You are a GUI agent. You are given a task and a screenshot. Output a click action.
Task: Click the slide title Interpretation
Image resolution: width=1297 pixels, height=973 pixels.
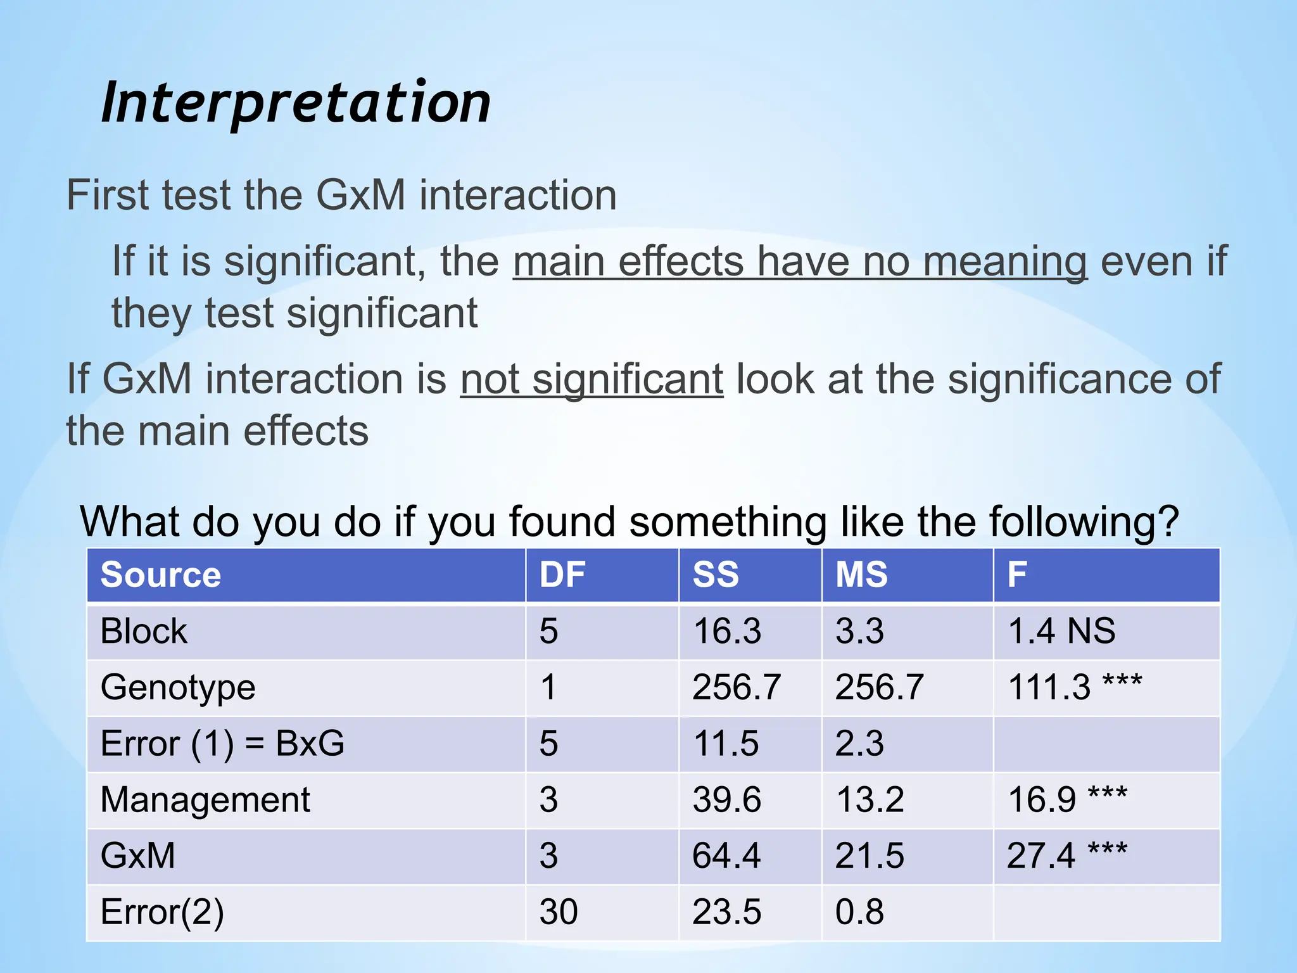tap(296, 103)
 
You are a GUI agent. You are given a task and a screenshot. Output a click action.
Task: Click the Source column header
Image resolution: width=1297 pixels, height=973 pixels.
tap(161, 575)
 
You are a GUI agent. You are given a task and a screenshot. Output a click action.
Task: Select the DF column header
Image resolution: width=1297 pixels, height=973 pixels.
tap(562, 575)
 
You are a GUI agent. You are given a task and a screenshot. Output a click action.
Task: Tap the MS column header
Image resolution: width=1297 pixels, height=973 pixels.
tap(861, 575)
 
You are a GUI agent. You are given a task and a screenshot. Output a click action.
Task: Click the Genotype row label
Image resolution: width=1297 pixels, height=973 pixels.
tap(178, 687)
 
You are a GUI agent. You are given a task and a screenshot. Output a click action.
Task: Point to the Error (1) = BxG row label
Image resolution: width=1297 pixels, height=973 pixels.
tap(222, 743)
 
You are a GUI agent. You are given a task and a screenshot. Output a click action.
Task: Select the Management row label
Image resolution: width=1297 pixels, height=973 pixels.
tap(205, 799)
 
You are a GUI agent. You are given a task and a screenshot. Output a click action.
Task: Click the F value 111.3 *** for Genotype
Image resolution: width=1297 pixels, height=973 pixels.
tap(1075, 687)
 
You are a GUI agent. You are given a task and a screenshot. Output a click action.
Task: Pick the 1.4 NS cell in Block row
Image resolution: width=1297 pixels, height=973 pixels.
tap(1061, 632)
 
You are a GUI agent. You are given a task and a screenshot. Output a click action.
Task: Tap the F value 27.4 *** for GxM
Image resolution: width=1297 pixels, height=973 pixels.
tap(1067, 855)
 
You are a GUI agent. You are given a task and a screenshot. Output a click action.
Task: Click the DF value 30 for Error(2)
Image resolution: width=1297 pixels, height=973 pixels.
tap(559, 912)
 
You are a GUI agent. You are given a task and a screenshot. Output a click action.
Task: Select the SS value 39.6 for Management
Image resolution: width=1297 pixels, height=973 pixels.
tap(726, 799)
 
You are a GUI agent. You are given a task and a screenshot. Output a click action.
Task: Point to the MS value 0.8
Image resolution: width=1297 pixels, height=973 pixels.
tap(859, 912)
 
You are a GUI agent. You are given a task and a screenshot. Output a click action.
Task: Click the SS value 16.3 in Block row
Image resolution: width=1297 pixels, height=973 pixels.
tap(727, 632)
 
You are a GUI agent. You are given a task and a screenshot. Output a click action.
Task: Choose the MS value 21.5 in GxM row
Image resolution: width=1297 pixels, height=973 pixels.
tap(870, 855)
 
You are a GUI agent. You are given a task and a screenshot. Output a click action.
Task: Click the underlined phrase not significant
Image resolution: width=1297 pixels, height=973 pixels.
tap(592, 379)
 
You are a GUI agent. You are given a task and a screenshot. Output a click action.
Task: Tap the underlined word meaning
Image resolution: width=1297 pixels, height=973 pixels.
tap(1005, 262)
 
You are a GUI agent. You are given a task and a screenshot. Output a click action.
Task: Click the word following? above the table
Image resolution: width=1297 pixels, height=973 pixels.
tap(1084, 522)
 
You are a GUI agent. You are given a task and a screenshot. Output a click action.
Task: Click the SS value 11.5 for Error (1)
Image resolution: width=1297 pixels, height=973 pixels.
tap(726, 743)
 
